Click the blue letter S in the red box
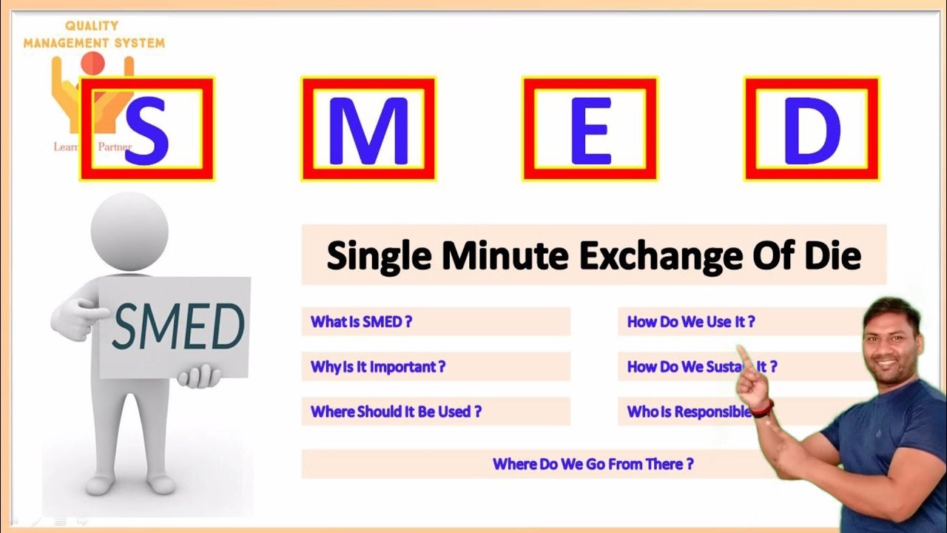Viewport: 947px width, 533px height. (146, 130)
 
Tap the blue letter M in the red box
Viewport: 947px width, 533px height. (368, 130)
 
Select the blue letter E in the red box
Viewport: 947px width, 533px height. (590, 130)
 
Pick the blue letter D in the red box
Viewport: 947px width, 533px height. (812, 130)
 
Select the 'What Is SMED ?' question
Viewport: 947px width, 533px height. (361, 322)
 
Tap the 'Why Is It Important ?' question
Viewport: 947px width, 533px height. (377, 366)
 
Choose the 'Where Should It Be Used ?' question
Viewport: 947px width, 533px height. (396, 412)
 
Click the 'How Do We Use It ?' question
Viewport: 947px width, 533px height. (691, 322)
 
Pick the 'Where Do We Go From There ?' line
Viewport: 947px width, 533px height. (593, 464)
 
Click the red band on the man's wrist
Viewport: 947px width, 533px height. (762, 409)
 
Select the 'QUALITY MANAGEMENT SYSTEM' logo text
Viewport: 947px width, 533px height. (93, 35)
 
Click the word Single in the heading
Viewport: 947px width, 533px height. (380, 256)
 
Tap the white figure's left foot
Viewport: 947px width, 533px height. (161, 484)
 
